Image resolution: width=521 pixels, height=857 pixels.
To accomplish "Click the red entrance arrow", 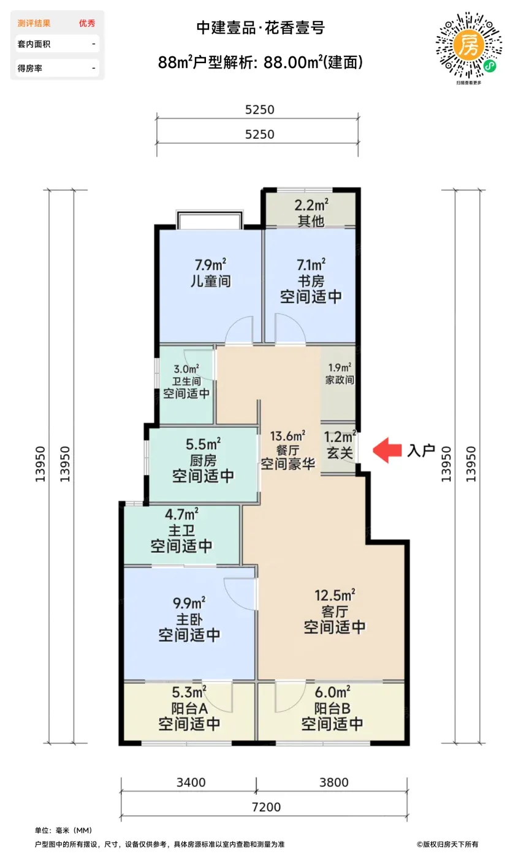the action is click(387, 450).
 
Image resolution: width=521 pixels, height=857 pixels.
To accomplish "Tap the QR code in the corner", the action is click(469, 45).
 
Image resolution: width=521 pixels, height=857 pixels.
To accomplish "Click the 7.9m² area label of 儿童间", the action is click(210, 264).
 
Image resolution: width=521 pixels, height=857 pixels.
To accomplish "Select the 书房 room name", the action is click(311, 281).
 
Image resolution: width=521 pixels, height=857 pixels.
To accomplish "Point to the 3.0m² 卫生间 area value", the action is click(186, 369).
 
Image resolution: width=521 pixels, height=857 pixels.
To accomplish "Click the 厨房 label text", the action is click(203, 460).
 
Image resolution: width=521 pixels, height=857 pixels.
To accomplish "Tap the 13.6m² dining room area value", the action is click(287, 435).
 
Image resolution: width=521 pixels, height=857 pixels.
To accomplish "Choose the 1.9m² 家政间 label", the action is click(340, 374).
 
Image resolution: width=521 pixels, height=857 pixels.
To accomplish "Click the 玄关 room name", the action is click(340, 453).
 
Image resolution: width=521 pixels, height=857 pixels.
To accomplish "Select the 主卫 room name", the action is click(181, 530).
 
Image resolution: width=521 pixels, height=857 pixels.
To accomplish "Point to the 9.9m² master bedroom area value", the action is click(189, 602).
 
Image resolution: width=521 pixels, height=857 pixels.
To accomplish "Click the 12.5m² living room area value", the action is click(335, 595).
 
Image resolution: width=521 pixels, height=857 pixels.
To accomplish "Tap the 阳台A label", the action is click(189, 708).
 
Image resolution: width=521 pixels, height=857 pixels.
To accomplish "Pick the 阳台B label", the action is click(332, 708).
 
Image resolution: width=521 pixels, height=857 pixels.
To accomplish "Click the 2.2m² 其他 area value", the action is click(311, 205).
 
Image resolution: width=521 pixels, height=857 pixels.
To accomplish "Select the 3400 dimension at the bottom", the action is click(191, 782).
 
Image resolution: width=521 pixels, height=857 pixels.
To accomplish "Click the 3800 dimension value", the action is click(334, 782).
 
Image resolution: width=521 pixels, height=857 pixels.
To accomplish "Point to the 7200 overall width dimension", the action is click(266, 807).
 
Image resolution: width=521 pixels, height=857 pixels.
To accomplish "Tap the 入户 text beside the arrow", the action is click(420, 451).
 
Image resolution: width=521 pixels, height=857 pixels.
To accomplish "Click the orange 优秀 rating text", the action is click(87, 23).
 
